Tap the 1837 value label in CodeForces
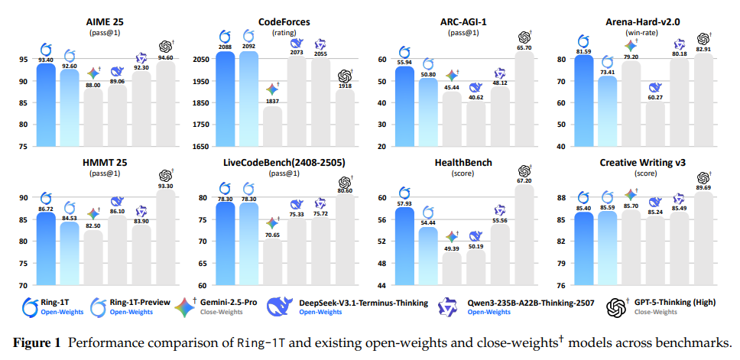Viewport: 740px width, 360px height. tap(271, 101)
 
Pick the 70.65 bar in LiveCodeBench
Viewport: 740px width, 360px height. tap(271, 252)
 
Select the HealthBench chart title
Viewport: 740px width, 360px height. tap(463, 163)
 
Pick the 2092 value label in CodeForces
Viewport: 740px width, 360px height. tap(248, 47)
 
